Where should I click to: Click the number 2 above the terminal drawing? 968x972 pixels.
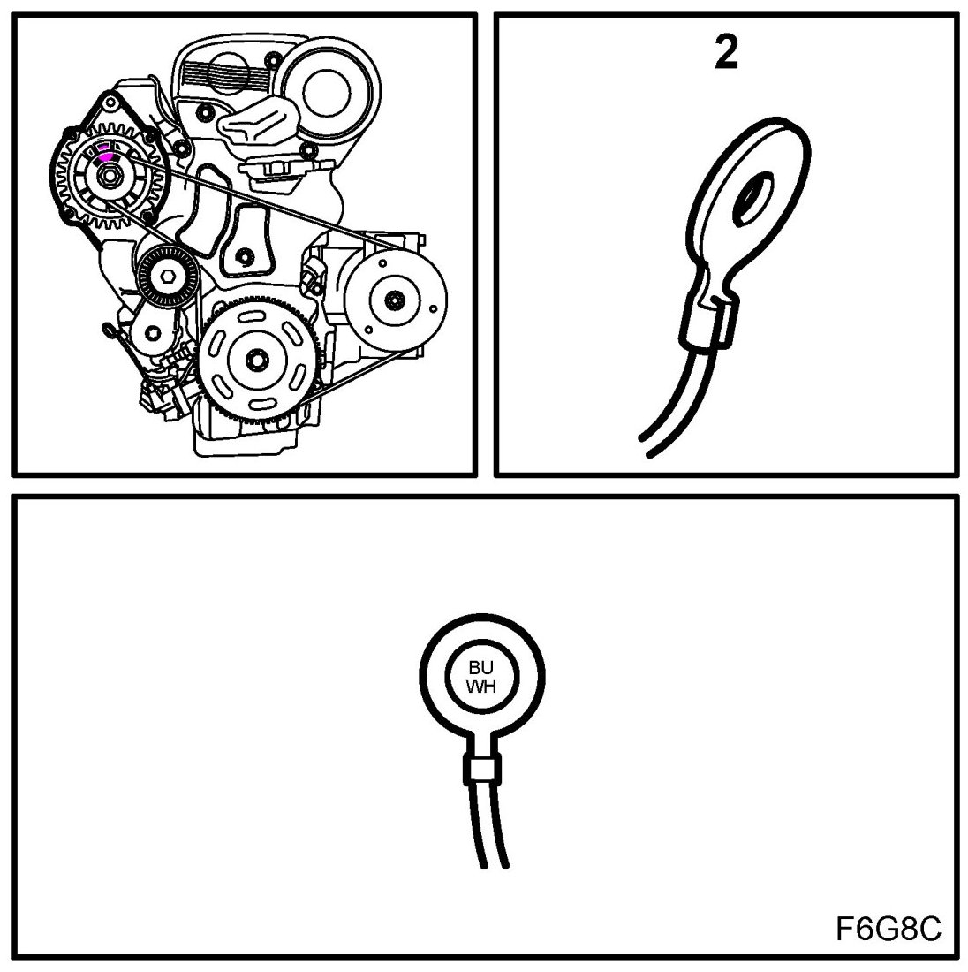(726, 54)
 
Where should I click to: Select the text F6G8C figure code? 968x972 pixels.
(889, 928)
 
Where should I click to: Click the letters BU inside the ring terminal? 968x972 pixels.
(480, 668)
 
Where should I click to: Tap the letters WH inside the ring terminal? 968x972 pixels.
(480, 686)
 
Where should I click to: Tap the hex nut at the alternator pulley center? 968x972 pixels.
(110, 176)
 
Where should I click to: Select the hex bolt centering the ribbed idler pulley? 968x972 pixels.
(167, 277)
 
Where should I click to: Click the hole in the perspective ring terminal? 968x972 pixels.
(752, 197)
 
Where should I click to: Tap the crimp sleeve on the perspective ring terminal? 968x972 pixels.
(709, 323)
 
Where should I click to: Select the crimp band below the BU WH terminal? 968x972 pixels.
(480, 770)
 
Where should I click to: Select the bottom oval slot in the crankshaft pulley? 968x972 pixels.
(261, 406)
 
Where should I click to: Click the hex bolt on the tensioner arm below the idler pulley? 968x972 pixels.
(153, 335)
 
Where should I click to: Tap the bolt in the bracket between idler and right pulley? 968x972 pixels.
(246, 256)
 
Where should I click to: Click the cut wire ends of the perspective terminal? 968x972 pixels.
(645, 445)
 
